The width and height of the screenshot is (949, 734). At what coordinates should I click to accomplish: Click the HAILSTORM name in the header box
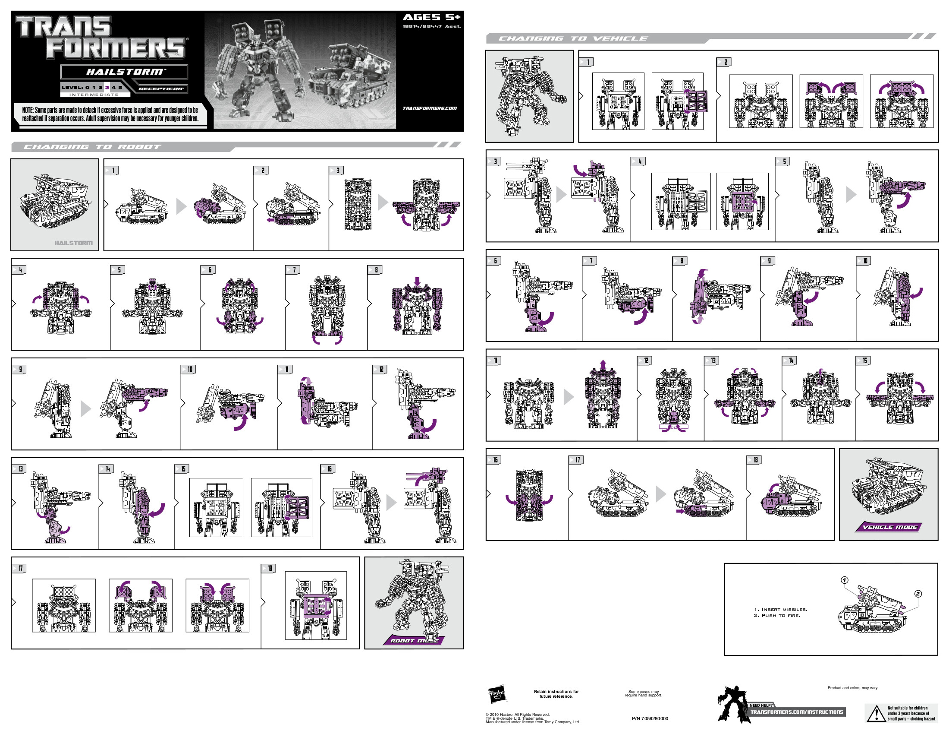pyautogui.click(x=124, y=72)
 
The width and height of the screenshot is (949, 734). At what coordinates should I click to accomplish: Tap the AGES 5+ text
pyautogui.click(x=431, y=17)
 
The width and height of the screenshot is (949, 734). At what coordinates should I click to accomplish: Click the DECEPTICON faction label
pyautogui.click(x=161, y=89)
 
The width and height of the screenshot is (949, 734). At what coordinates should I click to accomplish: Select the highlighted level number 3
pyautogui.click(x=107, y=87)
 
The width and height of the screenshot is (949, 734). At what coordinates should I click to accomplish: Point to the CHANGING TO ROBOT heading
pyautogui.click(x=92, y=147)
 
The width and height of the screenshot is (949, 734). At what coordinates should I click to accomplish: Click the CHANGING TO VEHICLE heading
pyautogui.click(x=573, y=39)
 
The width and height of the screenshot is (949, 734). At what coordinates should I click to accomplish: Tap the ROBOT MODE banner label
pyautogui.click(x=414, y=640)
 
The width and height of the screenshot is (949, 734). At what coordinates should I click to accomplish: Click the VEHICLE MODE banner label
pyautogui.click(x=889, y=527)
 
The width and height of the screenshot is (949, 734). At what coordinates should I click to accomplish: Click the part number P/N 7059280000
pyautogui.click(x=650, y=718)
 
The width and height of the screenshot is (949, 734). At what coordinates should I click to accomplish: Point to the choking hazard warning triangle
pyautogui.click(x=876, y=714)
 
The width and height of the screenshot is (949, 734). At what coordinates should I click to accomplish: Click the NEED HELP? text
pyautogui.click(x=761, y=706)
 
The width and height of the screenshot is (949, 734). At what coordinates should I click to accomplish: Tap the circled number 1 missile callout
pyautogui.click(x=844, y=580)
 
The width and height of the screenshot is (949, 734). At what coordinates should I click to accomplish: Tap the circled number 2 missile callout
pyautogui.click(x=918, y=594)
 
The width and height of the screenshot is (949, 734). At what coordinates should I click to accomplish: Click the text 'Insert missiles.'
pyautogui.click(x=780, y=609)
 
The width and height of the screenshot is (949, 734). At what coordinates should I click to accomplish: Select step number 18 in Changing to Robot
pyautogui.click(x=270, y=568)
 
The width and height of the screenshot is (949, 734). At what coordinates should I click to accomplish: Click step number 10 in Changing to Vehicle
pyautogui.click(x=865, y=261)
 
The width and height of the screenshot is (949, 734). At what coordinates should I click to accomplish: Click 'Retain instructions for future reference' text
pyautogui.click(x=556, y=693)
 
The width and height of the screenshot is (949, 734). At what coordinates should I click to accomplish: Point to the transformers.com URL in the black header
pyautogui.click(x=429, y=108)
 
